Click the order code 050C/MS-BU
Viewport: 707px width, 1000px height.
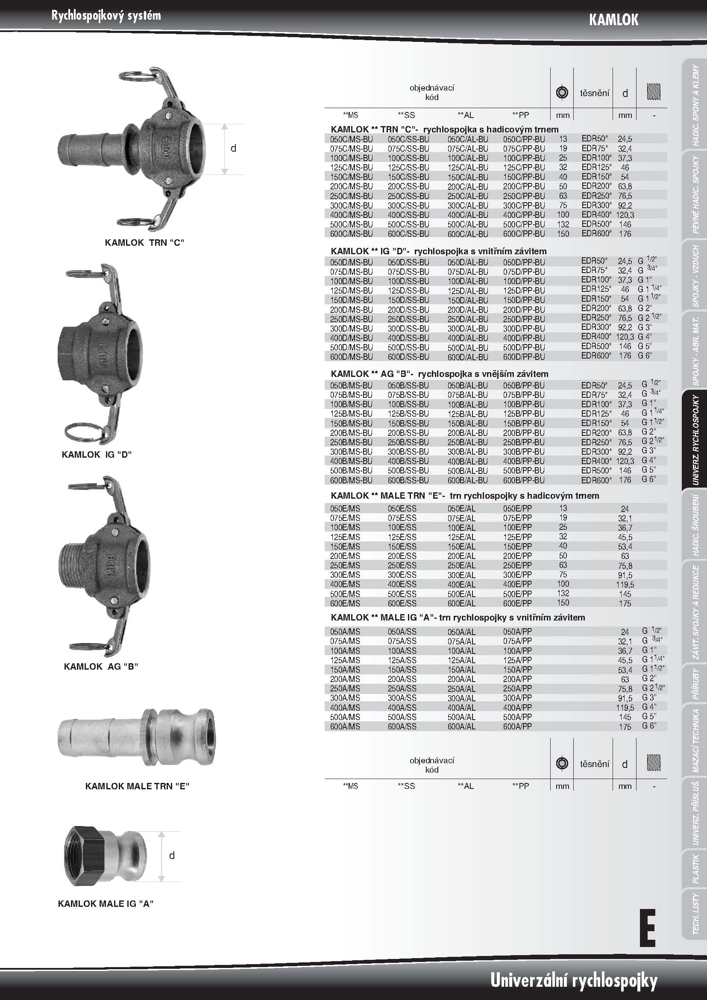click(351, 139)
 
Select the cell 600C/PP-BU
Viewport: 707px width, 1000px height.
click(524, 234)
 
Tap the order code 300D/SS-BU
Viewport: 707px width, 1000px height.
click(408, 329)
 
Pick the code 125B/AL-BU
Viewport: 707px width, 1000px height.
click(468, 414)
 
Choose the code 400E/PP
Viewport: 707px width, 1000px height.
click(517, 585)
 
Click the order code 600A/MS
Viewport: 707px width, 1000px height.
click(345, 726)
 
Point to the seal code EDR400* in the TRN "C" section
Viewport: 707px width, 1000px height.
click(596, 214)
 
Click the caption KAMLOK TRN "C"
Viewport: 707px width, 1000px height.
click(144, 243)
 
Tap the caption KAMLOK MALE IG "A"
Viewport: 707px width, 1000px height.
click(106, 904)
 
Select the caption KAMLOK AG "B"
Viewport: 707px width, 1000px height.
click(101, 666)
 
